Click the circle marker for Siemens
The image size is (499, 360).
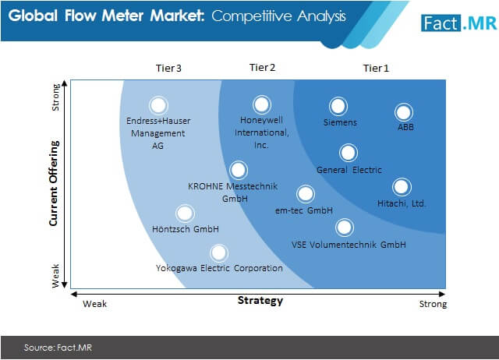coord(338,106)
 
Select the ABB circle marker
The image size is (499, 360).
coord(404,112)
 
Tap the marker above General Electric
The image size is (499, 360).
coord(349,153)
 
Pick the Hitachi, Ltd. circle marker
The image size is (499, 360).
coord(402,187)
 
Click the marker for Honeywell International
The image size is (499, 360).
coord(262,104)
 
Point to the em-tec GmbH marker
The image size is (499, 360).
coord(306,194)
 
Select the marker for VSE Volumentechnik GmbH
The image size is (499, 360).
coord(345,228)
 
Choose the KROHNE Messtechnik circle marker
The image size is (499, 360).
coord(239,170)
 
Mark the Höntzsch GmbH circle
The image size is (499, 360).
coord(185,214)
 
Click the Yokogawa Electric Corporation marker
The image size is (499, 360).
coord(219,253)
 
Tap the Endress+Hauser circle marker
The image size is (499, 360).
coord(158,105)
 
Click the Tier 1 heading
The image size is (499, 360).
coord(376,68)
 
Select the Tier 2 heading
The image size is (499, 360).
coord(262,68)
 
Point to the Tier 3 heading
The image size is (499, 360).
coord(168,68)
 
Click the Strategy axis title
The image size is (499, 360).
coord(260,301)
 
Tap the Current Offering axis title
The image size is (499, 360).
coord(54,183)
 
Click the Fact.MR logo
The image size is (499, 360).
coord(458,23)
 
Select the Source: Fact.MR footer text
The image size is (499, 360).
coord(58,348)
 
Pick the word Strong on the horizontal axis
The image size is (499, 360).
coord(433,304)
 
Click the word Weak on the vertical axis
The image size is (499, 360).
coord(55,276)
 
